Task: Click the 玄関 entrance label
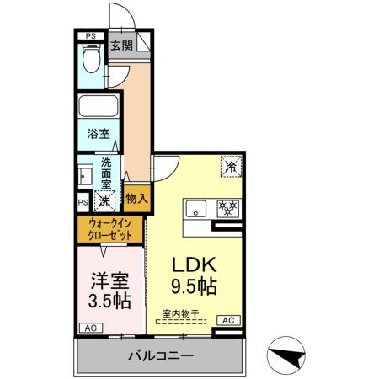[x=121, y=46]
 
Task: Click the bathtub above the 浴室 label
[x=100, y=109]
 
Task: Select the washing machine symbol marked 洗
[x=104, y=201]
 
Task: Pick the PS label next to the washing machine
[x=83, y=203]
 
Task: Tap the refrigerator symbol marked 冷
[x=230, y=168]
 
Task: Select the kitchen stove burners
[x=227, y=208]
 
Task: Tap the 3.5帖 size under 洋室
[x=109, y=298]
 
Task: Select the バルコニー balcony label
[x=161, y=355]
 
